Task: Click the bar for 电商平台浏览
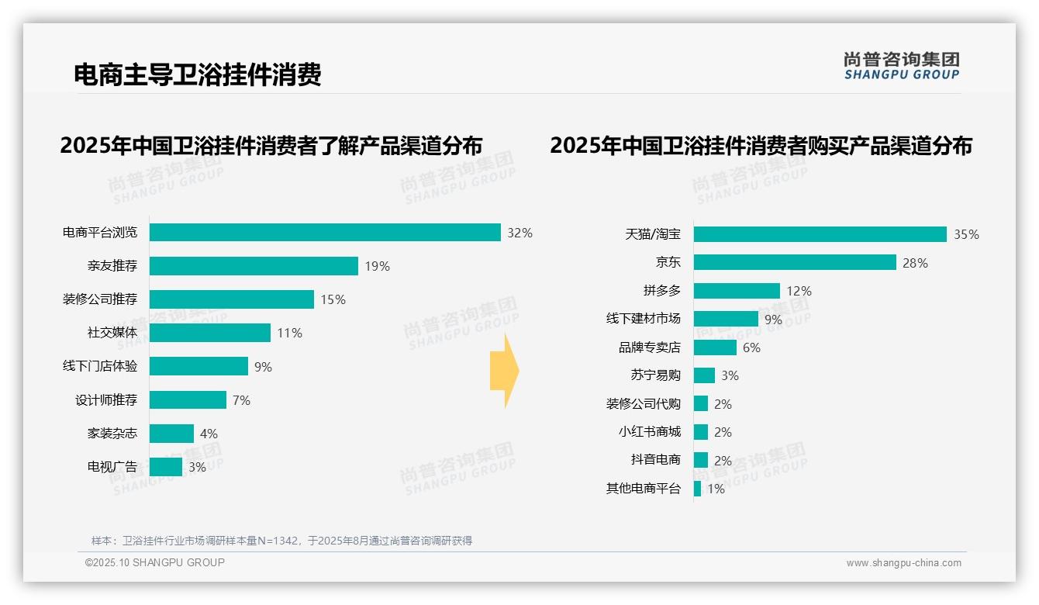(325, 233)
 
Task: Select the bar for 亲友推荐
(254, 266)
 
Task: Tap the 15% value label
(333, 299)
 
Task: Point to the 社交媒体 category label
(112, 333)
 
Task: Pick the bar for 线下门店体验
(198, 366)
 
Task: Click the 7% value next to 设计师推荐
(241, 400)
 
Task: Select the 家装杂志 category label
(112, 434)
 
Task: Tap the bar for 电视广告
(166, 467)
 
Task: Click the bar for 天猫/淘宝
(820, 234)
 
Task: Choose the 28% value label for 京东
(915, 263)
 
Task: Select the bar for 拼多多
(737, 291)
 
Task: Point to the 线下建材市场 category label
(643, 319)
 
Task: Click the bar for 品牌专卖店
(715, 347)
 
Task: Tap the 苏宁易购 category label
(655, 375)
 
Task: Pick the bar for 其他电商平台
(698, 489)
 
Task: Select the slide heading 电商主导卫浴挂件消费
(197, 74)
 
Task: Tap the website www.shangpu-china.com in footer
(903, 563)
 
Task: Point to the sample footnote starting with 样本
(281, 541)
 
